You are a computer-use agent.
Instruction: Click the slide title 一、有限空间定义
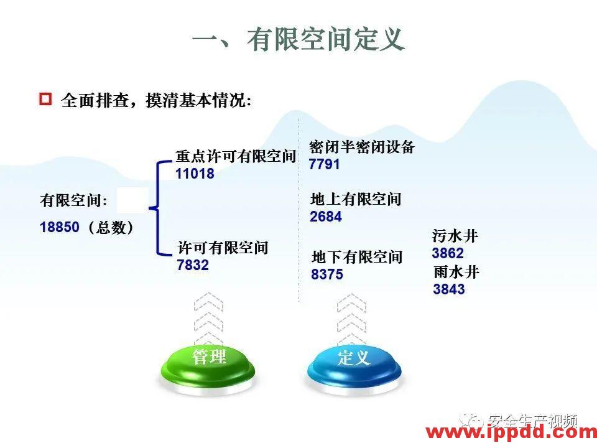tap(298, 40)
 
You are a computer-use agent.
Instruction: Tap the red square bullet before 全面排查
tap(45, 100)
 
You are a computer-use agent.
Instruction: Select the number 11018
tap(195, 174)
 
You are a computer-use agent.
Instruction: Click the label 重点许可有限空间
tap(235, 156)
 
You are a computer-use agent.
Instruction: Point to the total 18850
tap(60, 227)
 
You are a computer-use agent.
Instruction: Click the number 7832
tap(193, 265)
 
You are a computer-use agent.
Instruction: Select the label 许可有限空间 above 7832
tap(223, 248)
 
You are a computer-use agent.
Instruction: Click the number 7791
tap(325, 164)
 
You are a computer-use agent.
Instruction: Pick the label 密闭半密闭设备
tap(361, 147)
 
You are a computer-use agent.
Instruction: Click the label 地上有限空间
tap(356, 199)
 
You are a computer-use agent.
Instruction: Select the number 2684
tap(326, 217)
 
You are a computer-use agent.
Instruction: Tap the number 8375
tap(327, 274)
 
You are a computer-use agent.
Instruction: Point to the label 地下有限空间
tap(357, 256)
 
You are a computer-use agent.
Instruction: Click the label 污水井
tap(455, 236)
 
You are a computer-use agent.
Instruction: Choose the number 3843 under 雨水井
tap(449, 289)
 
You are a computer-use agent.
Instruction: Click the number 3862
tap(448, 253)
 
